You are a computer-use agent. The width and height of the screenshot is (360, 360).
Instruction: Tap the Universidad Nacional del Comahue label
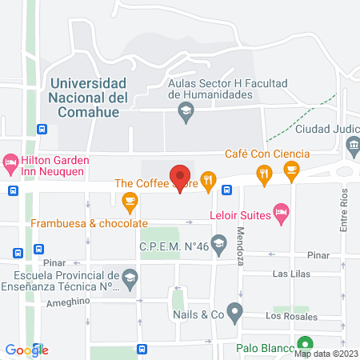coord(88,98)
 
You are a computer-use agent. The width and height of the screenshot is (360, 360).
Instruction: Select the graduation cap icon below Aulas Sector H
coord(186,112)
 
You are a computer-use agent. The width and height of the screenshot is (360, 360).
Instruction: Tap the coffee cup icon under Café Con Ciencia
coord(291,169)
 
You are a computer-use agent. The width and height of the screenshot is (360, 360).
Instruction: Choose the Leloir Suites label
coord(238,214)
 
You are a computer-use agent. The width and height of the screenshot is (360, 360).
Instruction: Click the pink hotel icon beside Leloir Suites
coord(280,214)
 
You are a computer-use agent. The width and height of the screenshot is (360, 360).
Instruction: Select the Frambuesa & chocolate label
coord(89,223)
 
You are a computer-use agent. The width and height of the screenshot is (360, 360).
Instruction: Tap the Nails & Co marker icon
coord(234,310)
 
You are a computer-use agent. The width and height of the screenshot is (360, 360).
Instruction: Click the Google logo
coord(26,350)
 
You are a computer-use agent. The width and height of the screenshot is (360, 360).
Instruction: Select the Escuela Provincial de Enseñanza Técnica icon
coord(130,278)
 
